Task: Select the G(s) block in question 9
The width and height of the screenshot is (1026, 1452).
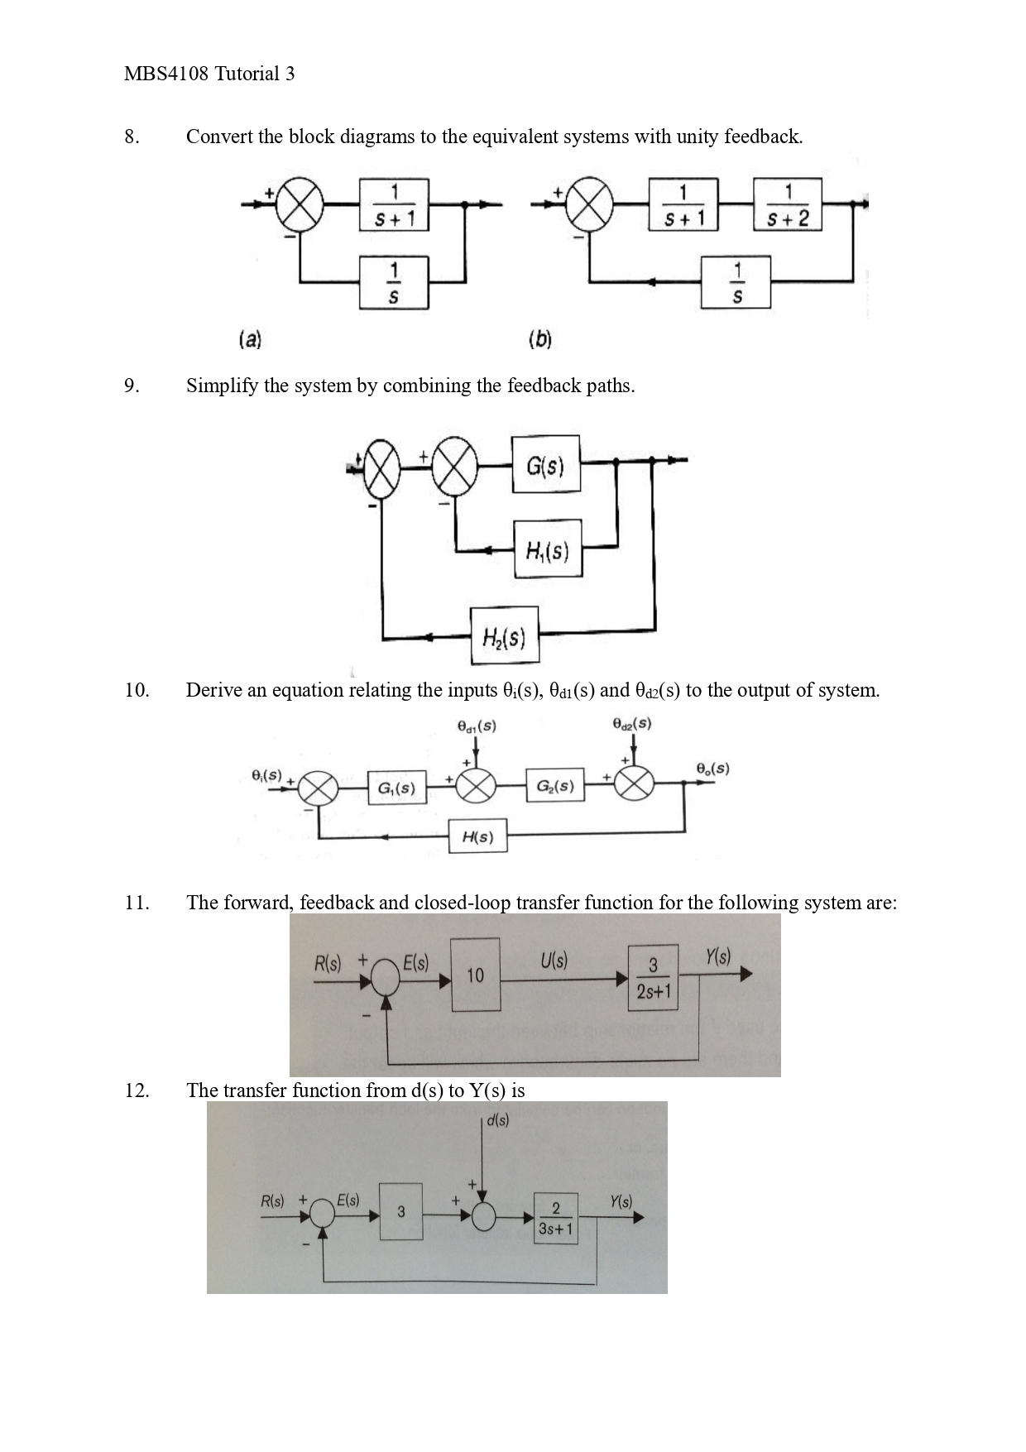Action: [x=545, y=465]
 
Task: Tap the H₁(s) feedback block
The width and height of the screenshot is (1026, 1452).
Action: [x=547, y=549]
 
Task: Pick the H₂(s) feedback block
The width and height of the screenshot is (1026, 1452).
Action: [x=504, y=635]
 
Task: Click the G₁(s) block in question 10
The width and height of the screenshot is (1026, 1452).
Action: [x=397, y=787]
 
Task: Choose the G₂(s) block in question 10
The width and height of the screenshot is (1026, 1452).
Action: [x=554, y=785]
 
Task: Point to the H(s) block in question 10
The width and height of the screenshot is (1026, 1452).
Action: [x=477, y=836]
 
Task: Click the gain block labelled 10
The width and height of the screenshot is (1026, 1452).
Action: [x=475, y=975]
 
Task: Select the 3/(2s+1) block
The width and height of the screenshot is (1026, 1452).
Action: [x=654, y=977]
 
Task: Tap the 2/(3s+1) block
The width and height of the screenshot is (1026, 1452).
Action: [x=555, y=1218]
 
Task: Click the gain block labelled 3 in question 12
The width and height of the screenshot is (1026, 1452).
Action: [x=401, y=1211]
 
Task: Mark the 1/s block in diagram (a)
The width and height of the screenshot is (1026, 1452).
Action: [x=394, y=283]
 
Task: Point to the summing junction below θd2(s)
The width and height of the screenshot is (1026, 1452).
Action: [x=634, y=782]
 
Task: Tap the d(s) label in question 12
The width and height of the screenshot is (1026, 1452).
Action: [x=498, y=1120]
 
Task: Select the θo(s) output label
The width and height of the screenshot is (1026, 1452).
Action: [x=712, y=768]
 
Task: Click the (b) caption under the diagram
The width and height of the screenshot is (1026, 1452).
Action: [x=539, y=338]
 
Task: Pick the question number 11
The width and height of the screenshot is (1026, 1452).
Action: [x=137, y=902]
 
